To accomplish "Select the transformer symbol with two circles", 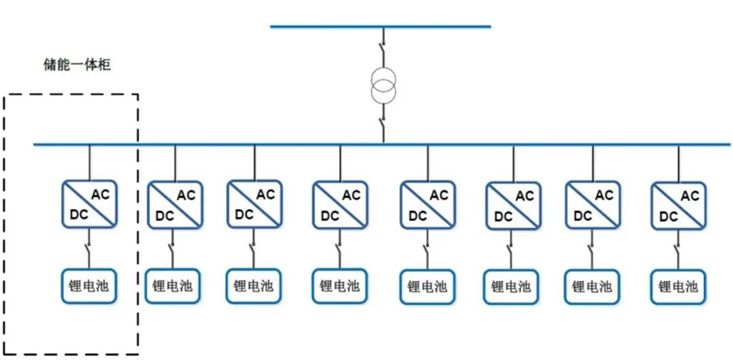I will tap(382, 87).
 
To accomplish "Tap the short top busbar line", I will tap(380, 26).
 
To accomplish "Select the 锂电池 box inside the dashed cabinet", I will tap(89, 286).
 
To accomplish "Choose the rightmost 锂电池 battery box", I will tap(678, 286).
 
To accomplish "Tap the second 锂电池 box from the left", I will tap(175, 286).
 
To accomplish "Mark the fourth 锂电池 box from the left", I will tap(340, 286).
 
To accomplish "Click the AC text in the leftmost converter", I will tap(100, 194).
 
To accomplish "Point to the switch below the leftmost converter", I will tap(89, 247).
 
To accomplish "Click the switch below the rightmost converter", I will tap(678, 247).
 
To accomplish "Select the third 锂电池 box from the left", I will tap(254, 286).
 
